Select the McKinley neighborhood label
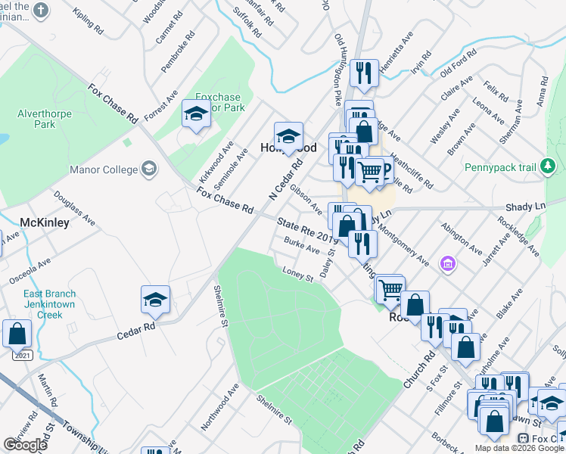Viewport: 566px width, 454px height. click(44, 222)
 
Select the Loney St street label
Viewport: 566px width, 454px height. click(297, 273)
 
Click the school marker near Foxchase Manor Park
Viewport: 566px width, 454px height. click(196, 116)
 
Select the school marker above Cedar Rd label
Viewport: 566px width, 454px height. click(155, 301)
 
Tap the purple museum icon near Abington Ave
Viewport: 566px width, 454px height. click(448, 263)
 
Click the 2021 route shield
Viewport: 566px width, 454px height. click(22, 355)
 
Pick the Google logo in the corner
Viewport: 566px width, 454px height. click(25, 445)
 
